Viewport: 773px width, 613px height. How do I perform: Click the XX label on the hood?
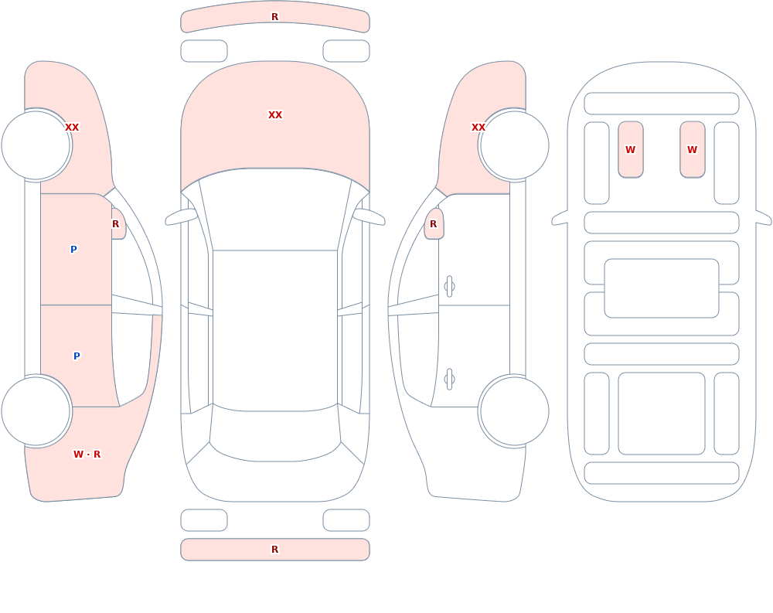275,115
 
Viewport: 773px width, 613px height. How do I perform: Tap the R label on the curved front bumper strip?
275,17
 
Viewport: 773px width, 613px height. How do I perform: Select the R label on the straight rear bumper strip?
275,550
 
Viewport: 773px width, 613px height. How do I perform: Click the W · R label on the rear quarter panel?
87,455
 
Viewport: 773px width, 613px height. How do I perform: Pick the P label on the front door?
73,249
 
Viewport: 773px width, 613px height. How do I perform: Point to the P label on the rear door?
77,356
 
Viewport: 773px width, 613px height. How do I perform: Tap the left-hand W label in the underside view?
630,149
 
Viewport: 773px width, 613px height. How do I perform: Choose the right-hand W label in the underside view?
692,149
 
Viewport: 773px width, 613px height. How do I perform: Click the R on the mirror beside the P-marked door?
115,224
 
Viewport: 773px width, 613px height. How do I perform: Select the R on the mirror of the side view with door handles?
434,224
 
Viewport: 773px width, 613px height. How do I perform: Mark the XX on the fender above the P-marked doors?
72,128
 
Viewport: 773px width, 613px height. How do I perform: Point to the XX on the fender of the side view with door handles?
478,128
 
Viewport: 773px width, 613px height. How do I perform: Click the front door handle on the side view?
449,287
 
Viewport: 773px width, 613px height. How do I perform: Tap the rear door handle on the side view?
449,380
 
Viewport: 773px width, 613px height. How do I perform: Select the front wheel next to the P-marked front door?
36,145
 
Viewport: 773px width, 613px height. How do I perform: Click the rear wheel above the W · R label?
36,411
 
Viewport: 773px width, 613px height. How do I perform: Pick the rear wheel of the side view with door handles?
514,411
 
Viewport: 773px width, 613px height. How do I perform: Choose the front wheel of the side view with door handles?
514,145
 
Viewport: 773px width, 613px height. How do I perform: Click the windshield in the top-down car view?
275,209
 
